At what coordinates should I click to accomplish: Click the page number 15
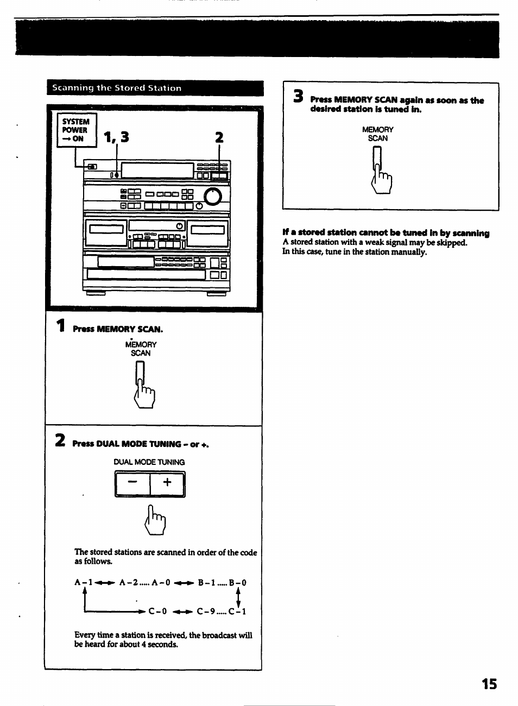pos(488,684)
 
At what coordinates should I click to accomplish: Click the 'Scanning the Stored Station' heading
pos(116,88)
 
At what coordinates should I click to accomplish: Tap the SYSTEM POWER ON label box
pos(77,130)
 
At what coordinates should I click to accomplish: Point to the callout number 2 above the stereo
pos(219,137)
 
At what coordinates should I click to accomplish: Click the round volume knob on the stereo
pos(213,196)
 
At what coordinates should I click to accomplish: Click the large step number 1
pos(62,326)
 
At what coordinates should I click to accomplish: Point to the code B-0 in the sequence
pos(237,583)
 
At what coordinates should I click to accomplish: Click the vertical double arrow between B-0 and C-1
pos(237,596)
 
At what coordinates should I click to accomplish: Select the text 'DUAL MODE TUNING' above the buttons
pos(149,462)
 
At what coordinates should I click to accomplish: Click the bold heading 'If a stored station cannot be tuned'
pos(386,234)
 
